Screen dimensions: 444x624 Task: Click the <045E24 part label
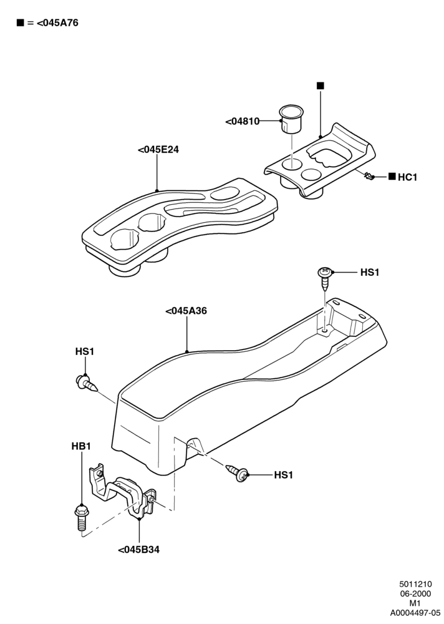click(x=158, y=150)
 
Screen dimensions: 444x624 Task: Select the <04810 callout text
click(x=243, y=121)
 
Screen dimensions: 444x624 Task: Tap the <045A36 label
click(x=186, y=310)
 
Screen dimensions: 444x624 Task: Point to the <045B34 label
click(x=139, y=550)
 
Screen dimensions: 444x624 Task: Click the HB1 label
click(x=81, y=446)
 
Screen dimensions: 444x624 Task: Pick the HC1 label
click(x=407, y=177)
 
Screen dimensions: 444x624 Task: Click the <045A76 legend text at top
click(x=57, y=22)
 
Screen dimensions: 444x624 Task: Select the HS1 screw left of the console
click(x=86, y=383)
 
